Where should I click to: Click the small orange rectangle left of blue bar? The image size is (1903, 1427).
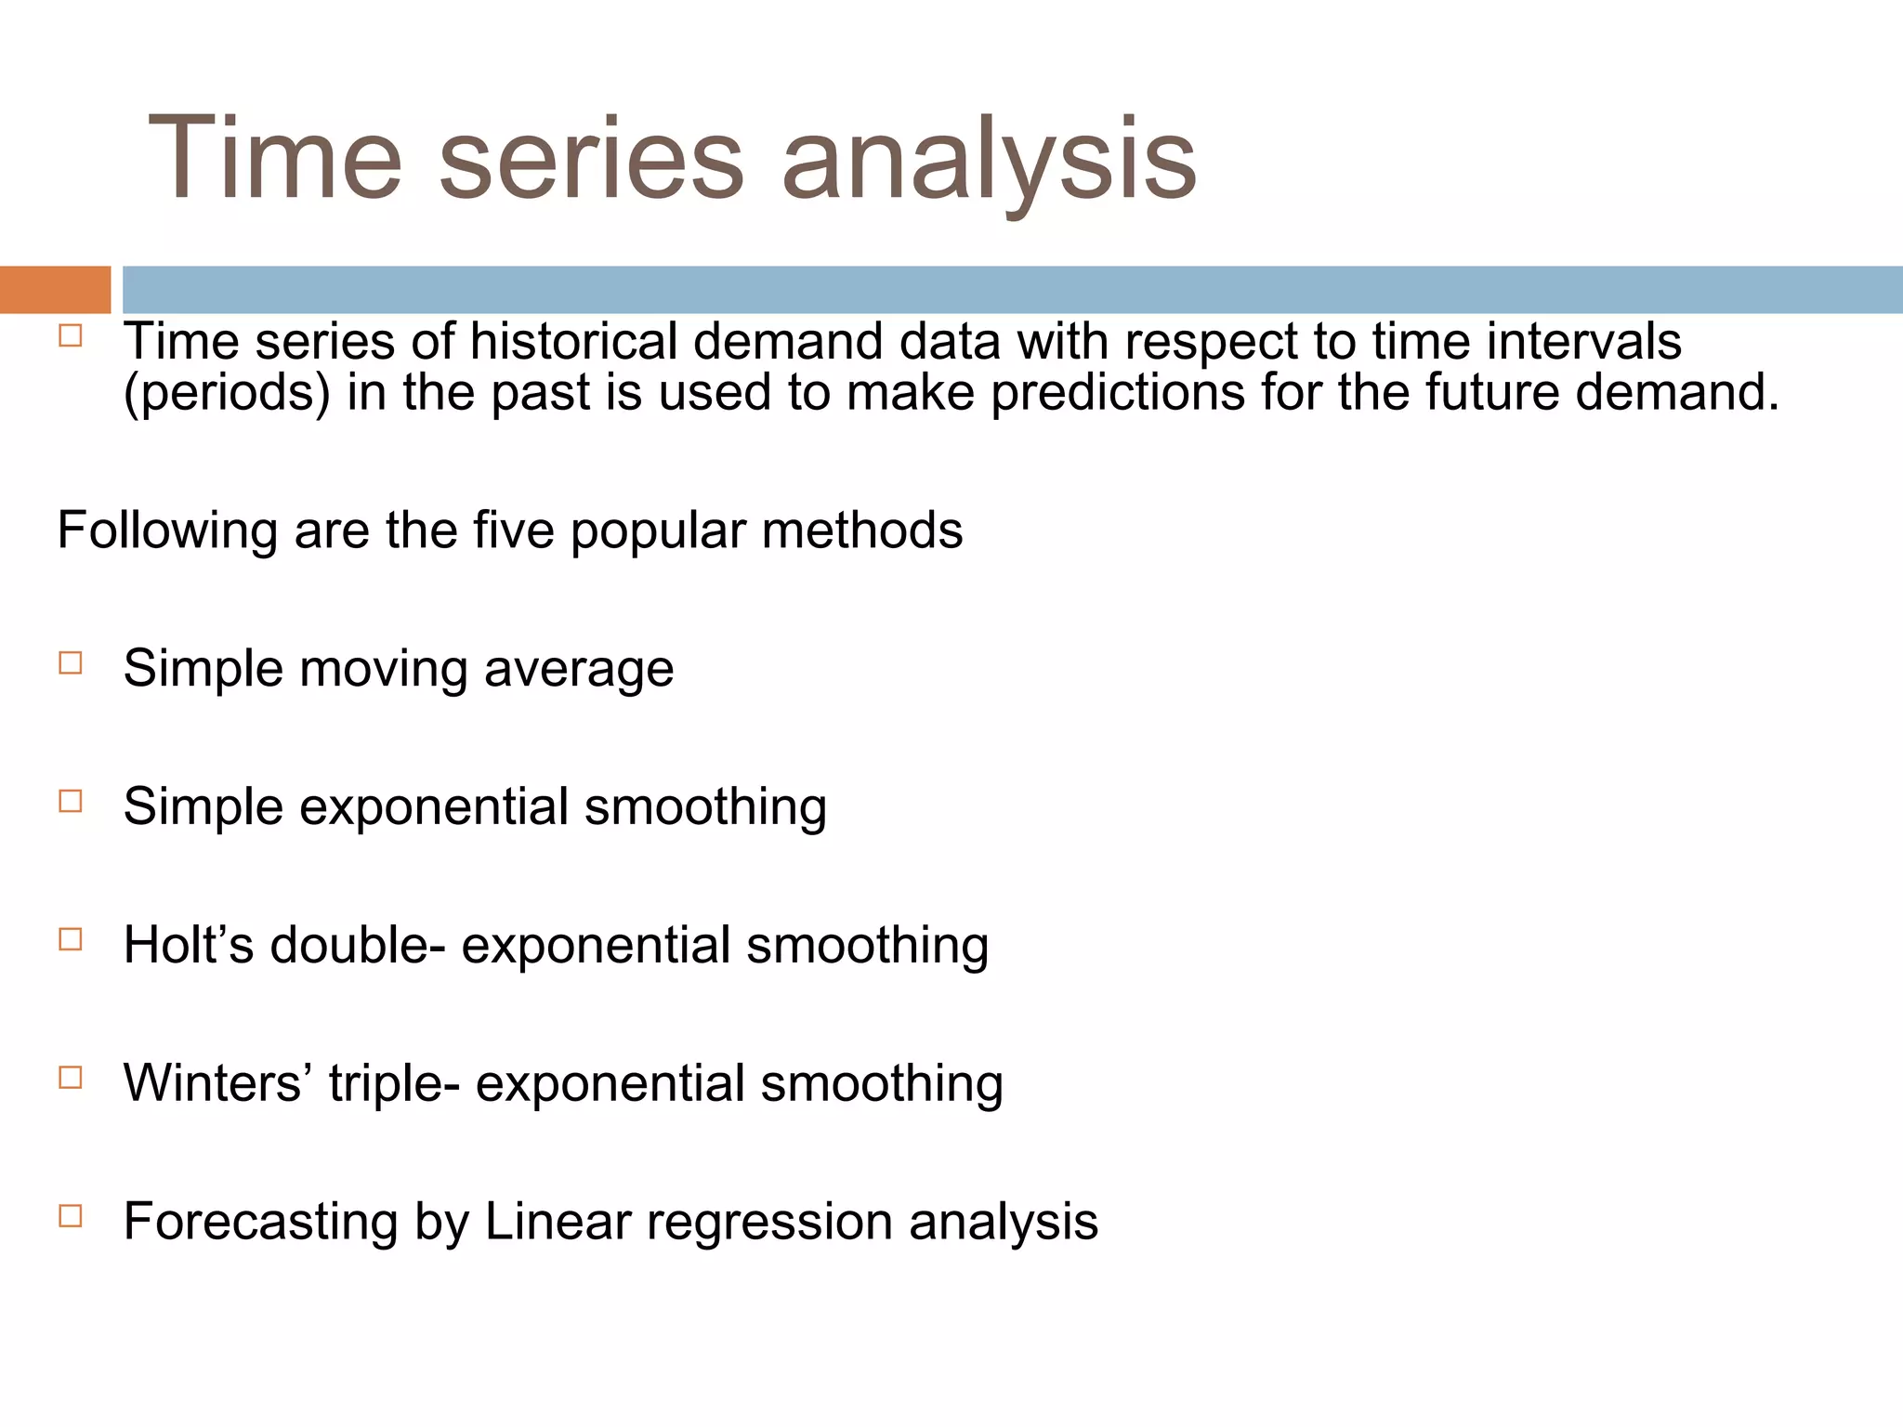tap(55, 289)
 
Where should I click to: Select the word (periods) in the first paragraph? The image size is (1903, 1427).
tap(227, 392)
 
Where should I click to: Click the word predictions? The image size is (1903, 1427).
tap(1117, 392)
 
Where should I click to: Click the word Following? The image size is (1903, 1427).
tap(167, 530)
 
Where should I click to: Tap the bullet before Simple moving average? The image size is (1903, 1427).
tap(71, 663)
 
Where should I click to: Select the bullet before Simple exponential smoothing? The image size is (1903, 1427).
tap(71, 801)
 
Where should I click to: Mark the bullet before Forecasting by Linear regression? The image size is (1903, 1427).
tap(71, 1216)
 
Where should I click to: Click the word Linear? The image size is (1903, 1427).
tap(558, 1222)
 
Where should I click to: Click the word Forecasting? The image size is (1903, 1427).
tap(260, 1222)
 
